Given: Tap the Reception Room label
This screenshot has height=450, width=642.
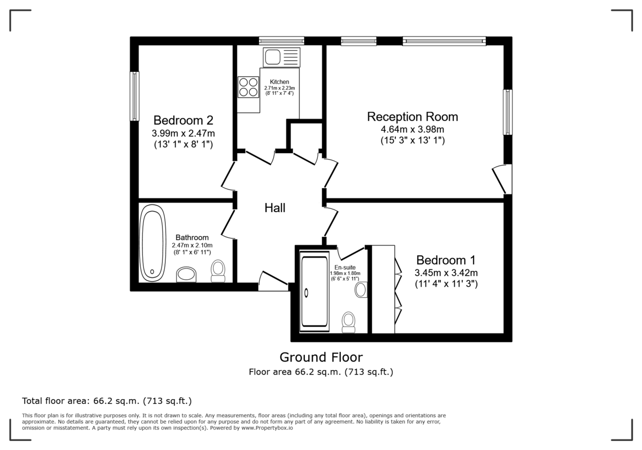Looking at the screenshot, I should (x=412, y=116).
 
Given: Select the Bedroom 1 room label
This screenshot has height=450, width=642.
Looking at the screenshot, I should (x=446, y=260).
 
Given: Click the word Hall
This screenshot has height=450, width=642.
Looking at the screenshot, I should (x=275, y=208).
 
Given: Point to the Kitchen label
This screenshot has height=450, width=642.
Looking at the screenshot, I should (x=279, y=82).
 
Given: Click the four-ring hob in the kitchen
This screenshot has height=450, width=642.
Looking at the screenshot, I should (x=248, y=87).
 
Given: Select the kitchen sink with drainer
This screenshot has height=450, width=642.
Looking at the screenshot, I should (x=282, y=56).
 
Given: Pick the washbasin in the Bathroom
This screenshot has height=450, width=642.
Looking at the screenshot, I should (x=187, y=274).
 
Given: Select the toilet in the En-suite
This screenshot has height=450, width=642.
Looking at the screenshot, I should (x=349, y=322).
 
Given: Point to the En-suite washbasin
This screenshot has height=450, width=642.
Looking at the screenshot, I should (x=361, y=290).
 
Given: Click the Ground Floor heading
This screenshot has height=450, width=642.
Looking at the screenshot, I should (x=321, y=357).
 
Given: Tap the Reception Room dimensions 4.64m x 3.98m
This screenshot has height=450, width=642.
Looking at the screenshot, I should (x=412, y=129).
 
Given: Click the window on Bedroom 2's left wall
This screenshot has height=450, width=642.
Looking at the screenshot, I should (x=135, y=96).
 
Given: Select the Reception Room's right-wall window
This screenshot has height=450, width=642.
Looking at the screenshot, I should (x=507, y=112).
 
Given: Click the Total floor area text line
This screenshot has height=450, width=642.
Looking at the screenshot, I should (x=106, y=400).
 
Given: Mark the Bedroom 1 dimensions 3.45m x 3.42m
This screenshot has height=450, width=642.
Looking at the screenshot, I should (x=446, y=272).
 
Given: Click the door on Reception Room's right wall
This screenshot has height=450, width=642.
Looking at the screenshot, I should (x=503, y=179).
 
